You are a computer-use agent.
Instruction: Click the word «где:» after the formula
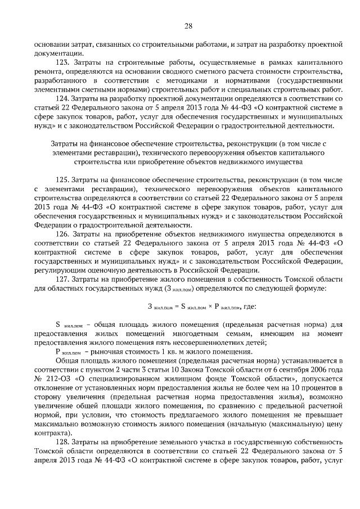[x=248, y=307]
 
